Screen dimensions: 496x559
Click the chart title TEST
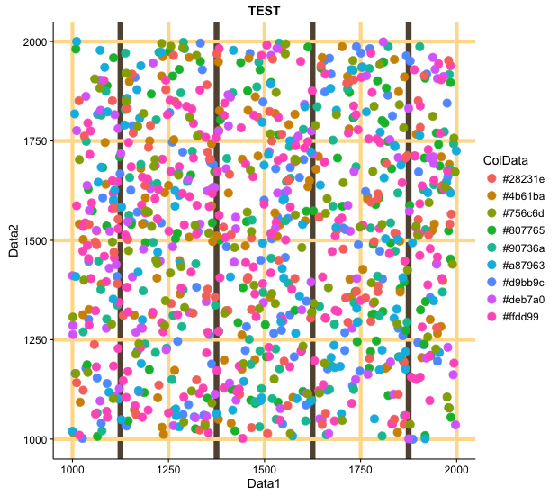[265, 12]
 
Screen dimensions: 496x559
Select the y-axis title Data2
[14, 240]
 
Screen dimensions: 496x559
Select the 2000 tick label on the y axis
[36, 41]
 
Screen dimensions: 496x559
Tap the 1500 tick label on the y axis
[36, 240]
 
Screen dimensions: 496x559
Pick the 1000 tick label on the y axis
[36, 439]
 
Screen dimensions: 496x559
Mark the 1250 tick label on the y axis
[36, 340]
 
